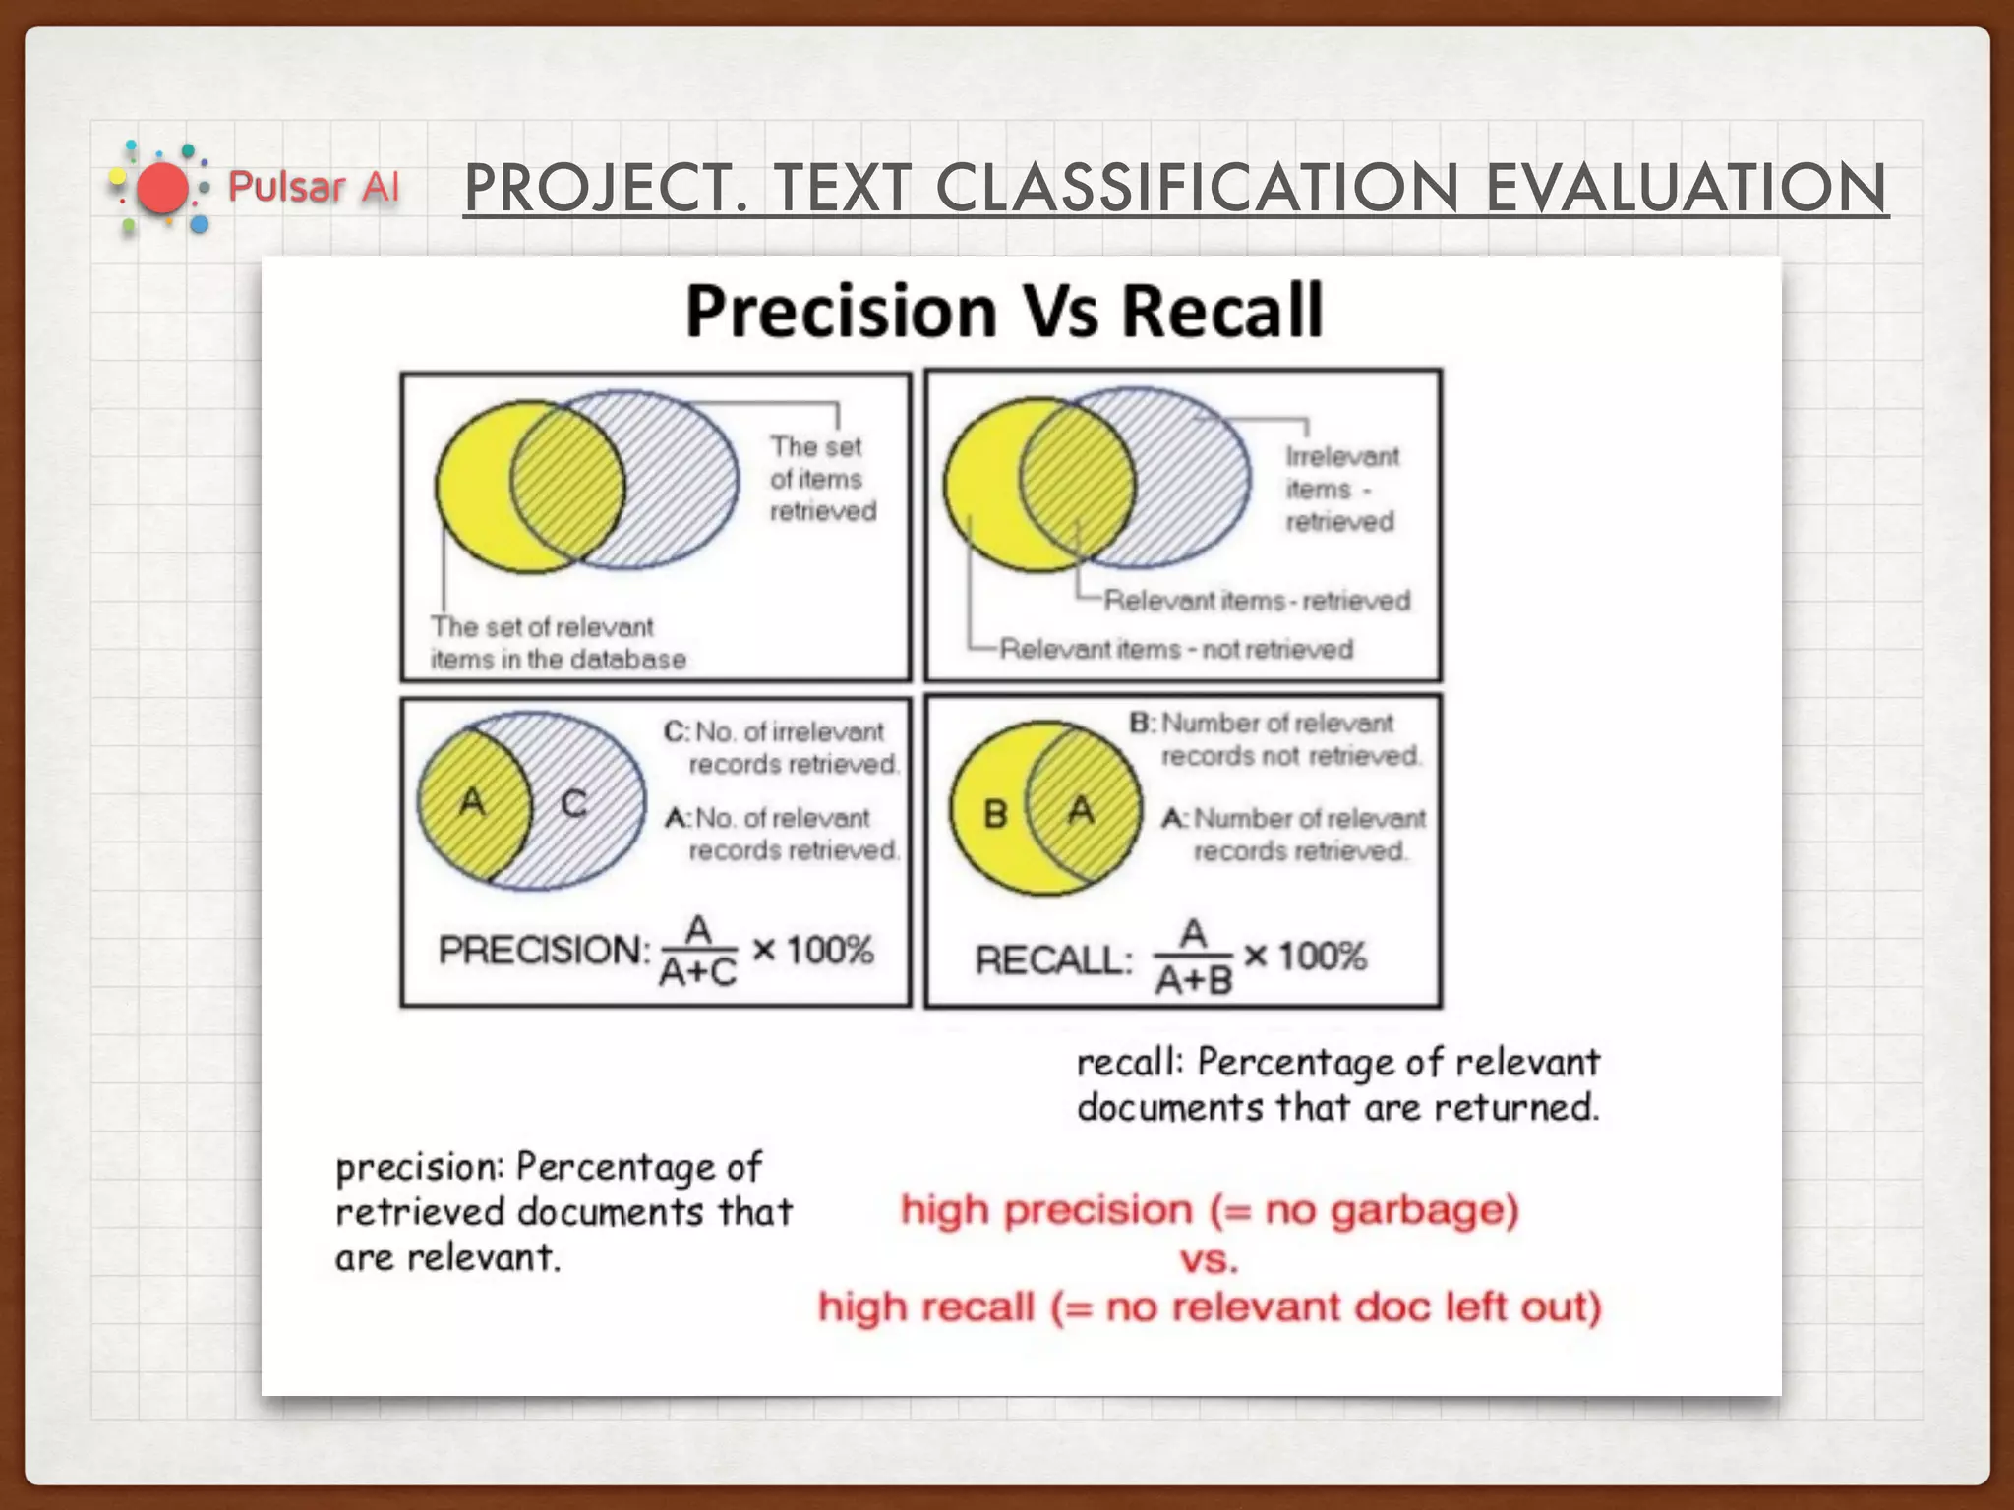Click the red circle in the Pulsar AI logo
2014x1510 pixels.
(161, 189)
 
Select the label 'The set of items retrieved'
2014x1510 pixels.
(821, 479)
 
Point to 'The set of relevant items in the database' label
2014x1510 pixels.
(557, 643)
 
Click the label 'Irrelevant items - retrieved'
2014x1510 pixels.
(1340, 489)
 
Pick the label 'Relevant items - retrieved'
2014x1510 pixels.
(1256, 600)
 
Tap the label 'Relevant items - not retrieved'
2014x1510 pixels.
(1175, 649)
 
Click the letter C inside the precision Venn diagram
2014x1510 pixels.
(573, 804)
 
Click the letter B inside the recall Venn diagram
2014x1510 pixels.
(995, 814)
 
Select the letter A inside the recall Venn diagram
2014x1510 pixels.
(1082, 811)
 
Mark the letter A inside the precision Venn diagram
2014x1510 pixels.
(472, 802)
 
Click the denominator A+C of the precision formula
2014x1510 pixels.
(697, 973)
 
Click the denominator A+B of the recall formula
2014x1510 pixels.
(1193, 980)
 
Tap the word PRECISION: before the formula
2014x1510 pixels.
(544, 951)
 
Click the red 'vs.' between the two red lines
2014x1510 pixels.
(1209, 1259)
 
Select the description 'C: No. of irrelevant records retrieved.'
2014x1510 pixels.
(781, 747)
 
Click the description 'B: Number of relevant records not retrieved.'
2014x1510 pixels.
(1275, 739)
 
